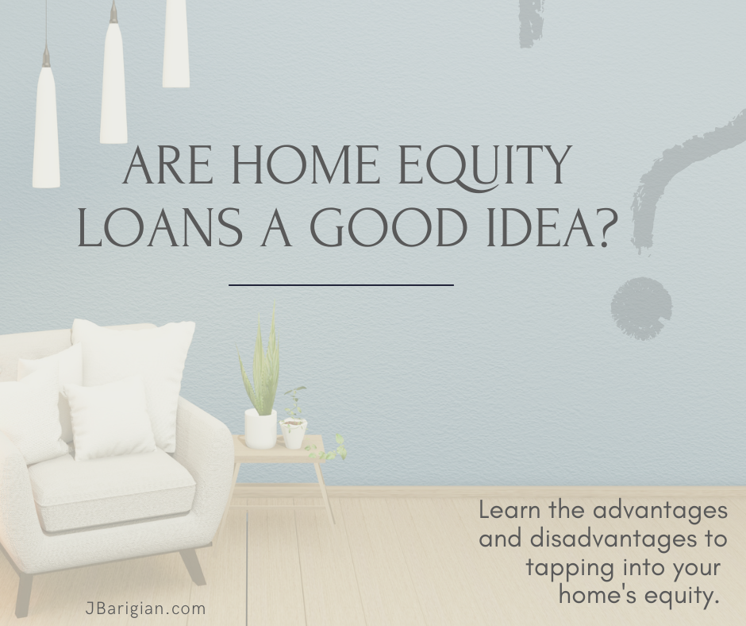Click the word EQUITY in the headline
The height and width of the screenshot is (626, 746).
(x=484, y=165)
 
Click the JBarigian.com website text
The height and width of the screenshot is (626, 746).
(x=145, y=609)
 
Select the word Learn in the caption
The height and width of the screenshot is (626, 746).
(x=509, y=510)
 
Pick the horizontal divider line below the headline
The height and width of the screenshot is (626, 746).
(x=341, y=285)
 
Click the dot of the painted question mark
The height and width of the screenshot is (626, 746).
(x=641, y=309)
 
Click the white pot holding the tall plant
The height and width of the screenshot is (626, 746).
(x=260, y=429)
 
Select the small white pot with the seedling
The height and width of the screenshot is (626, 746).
(x=294, y=433)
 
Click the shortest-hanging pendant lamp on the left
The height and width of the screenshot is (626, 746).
(x=175, y=44)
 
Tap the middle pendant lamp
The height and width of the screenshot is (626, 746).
(x=113, y=76)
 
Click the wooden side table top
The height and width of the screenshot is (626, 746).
(x=279, y=449)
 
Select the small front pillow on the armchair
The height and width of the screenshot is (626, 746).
(x=110, y=420)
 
